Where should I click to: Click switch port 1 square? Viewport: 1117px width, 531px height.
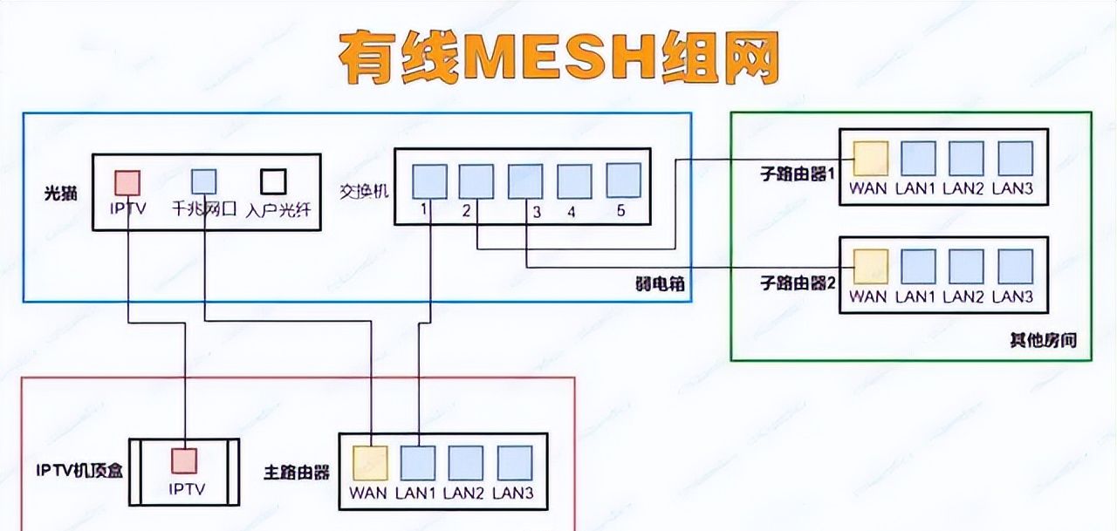429,180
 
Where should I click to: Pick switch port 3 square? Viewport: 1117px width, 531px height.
526,180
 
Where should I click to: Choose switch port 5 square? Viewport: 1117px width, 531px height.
623,180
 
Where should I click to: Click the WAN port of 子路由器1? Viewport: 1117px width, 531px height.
870,159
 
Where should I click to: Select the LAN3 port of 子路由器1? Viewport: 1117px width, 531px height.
1015,159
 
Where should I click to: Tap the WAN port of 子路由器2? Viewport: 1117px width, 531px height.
870,266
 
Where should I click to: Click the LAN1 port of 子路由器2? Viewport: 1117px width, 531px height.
918,266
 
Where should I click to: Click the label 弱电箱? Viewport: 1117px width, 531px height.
655,283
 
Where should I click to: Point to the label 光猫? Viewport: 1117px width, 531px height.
60,192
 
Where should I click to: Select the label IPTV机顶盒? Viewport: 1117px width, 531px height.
79,472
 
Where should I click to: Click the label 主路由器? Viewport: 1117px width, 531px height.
297,472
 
